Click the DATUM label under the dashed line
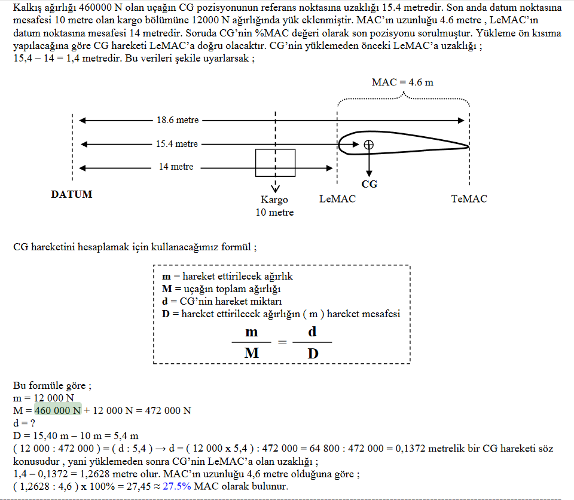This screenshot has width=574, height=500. [x=72, y=194]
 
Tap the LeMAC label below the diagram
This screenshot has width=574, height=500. [x=337, y=199]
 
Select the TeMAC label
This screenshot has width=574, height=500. [x=469, y=199]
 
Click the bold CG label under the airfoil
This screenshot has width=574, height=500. [x=369, y=184]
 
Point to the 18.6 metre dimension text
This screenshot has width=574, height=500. [x=178, y=120]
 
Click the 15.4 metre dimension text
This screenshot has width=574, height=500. [x=177, y=144]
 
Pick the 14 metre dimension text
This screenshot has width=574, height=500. [x=176, y=167]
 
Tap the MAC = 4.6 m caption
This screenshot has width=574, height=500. [x=402, y=82]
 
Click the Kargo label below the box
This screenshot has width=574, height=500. [x=274, y=200]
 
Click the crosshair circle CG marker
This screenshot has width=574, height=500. [x=369, y=145]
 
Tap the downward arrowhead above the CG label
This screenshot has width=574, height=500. [x=369, y=173]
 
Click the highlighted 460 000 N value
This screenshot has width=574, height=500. [x=58, y=410]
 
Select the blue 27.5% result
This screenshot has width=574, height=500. [x=177, y=486]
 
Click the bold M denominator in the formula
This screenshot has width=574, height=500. [x=252, y=353]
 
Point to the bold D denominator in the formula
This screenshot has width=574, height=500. [x=313, y=353]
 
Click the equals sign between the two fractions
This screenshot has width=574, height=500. [x=282, y=342]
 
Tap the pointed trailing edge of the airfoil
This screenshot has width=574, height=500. [x=469, y=147]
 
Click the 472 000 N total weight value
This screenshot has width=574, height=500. [x=168, y=410]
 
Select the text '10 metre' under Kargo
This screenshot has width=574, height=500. [x=274, y=213]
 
